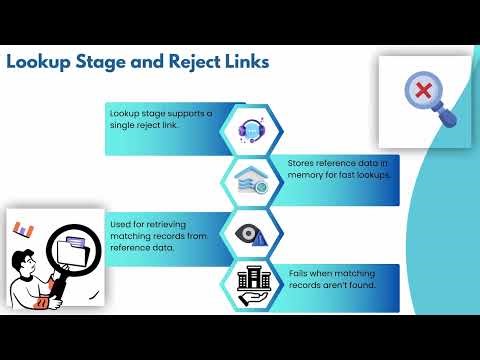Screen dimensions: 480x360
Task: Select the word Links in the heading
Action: pyautogui.click(x=245, y=63)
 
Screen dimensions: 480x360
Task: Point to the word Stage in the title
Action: pyautogui.click(x=105, y=63)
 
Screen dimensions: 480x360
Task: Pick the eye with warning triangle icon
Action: pyautogui.click(x=250, y=231)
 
